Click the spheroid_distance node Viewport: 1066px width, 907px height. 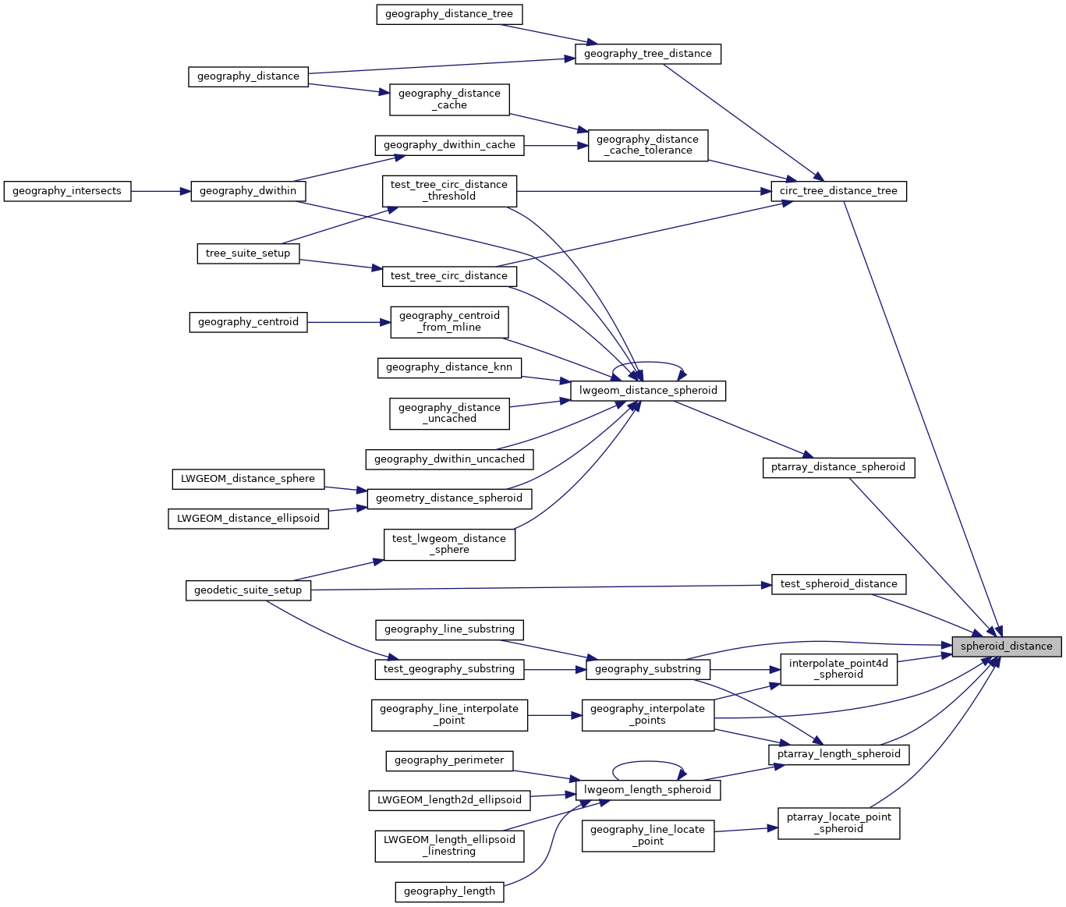pyautogui.click(x=1006, y=647)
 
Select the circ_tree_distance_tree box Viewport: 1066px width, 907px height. pyautogui.click(x=838, y=191)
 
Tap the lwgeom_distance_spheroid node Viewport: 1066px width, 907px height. pyautogui.click(x=648, y=391)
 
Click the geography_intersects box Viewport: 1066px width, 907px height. pyautogui.click(x=67, y=191)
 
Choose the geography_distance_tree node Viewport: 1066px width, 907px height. pyautogui.click(x=449, y=14)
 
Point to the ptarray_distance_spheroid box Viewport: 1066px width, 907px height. pyautogui.click(x=838, y=467)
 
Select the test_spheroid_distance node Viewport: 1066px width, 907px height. pyautogui.click(x=838, y=584)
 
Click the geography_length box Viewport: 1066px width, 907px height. pyautogui.click(x=449, y=891)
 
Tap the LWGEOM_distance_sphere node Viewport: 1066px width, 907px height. pyautogui.click(x=248, y=479)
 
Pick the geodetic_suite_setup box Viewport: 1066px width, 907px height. pyautogui.click(x=248, y=590)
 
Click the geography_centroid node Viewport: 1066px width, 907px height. pyautogui.click(x=248, y=322)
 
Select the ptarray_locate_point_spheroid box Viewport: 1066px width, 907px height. pyautogui.click(x=839, y=823)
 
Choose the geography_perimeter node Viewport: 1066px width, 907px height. pyautogui.click(x=449, y=760)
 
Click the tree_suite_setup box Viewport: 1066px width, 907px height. pyautogui.click(x=248, y=253)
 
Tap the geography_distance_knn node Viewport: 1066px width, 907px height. pyautogui.click(x=449, y=367)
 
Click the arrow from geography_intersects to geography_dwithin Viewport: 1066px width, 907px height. pyautogui.click(x=161, y=191)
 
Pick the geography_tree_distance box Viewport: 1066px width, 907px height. pyautogui.click(x=648, y=54)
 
